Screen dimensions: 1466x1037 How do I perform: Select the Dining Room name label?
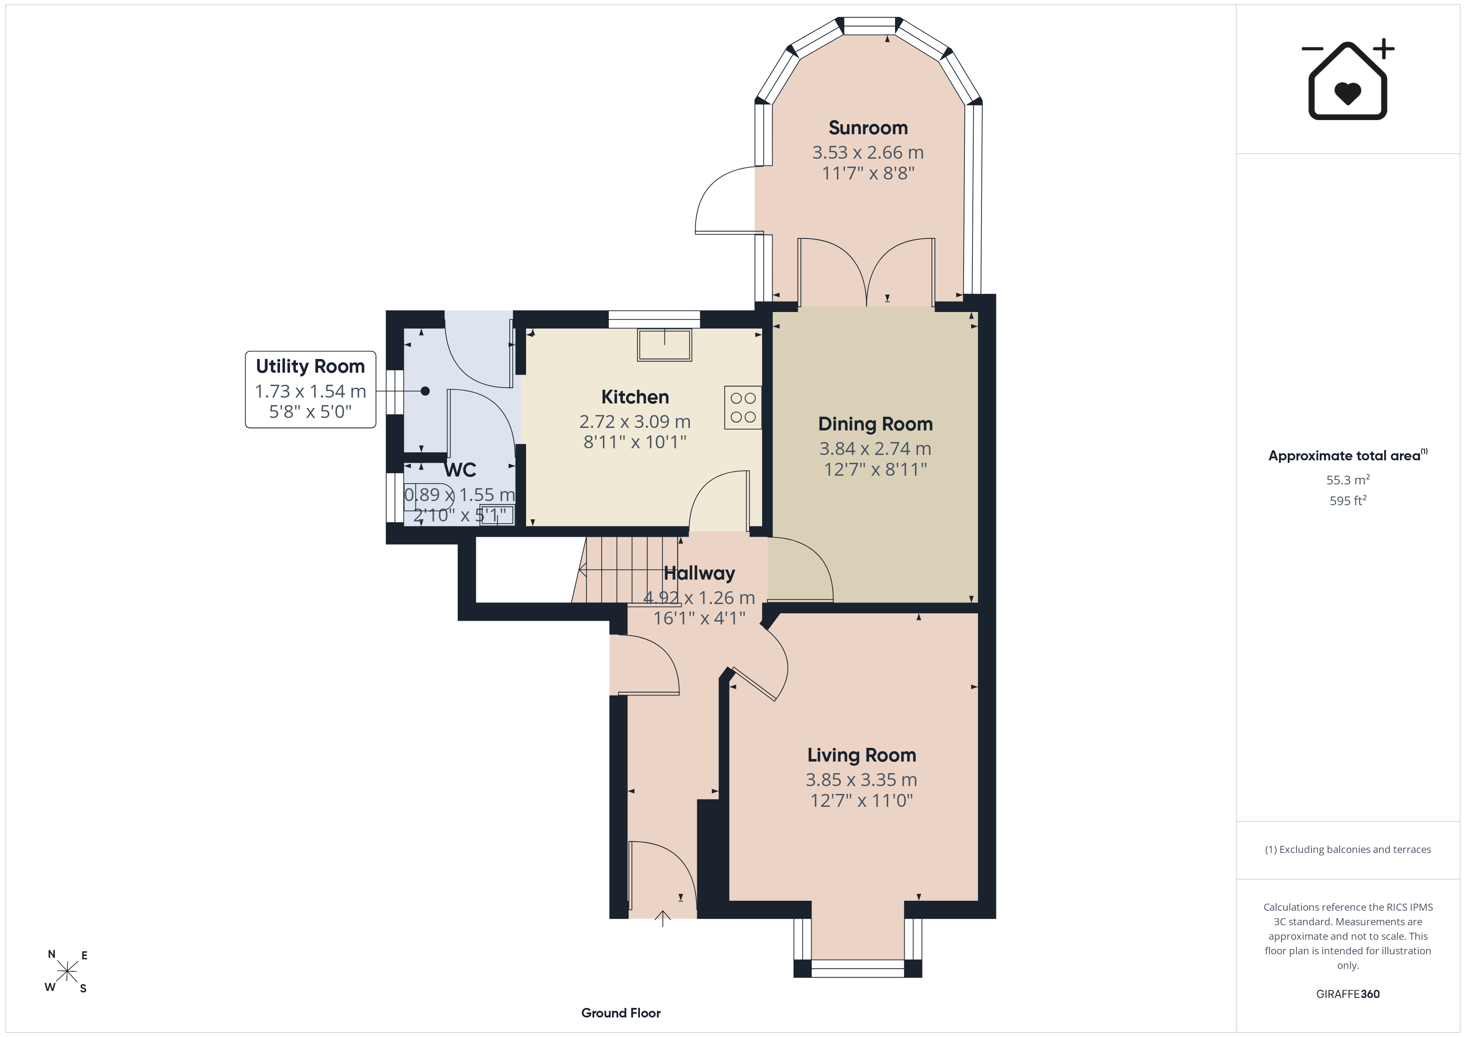[876, 424]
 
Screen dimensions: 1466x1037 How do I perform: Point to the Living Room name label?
[861, 755]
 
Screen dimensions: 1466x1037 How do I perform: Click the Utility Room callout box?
[310, 390]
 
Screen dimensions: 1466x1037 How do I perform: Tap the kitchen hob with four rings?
[743, 408]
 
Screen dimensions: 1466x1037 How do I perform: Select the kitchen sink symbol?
[664, 345]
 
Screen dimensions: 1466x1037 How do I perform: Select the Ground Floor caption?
[621, 1013]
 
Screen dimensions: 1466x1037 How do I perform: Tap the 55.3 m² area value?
[1347, 479]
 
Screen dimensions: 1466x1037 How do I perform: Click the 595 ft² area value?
[1347, 501]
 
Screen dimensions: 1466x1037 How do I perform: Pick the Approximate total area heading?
[1347, 455]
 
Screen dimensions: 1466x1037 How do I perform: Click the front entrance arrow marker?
[663, 918]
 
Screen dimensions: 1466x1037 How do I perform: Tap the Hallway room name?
[699, 573]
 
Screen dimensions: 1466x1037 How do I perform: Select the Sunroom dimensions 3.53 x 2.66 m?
[868, 152]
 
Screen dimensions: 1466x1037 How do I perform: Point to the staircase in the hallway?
[626, 570]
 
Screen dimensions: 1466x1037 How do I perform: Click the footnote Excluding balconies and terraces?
[1347, 849]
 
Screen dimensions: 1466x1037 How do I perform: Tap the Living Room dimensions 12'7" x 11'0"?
[861, 801]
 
